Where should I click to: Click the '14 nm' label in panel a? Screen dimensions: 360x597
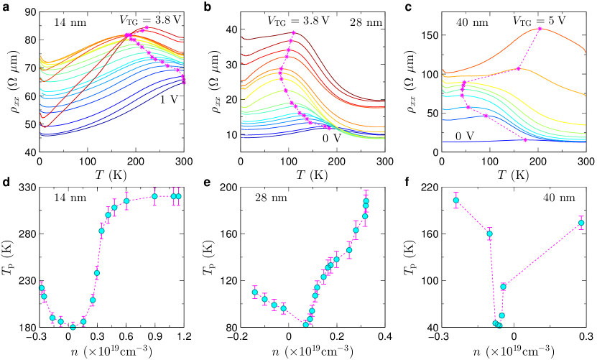[69, 22]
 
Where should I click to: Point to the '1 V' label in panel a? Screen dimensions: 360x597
[170, 100]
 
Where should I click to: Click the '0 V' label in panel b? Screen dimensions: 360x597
[330, 137]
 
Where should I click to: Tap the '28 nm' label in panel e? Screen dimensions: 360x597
[269, 196]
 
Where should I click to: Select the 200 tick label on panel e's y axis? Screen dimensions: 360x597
[226, 188]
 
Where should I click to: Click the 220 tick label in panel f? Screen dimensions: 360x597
[427, 188]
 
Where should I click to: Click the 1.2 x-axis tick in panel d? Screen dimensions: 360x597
[183, 336]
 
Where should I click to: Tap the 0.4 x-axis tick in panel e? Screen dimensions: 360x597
[385, 336]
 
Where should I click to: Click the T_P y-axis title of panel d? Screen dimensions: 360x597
[8, 257]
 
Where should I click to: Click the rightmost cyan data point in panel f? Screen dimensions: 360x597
[581, 223]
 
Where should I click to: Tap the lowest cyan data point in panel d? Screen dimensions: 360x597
[73, 327]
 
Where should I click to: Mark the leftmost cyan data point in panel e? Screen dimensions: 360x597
[255, 292]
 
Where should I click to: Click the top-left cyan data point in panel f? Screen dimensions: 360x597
[455, 200]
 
